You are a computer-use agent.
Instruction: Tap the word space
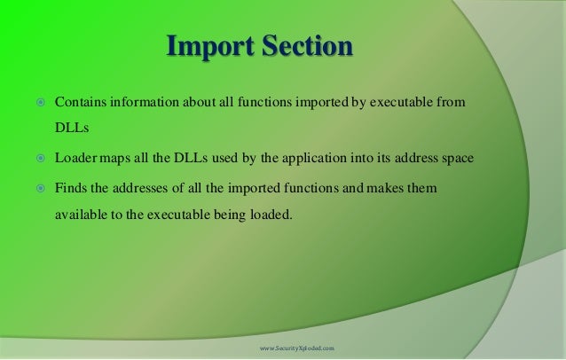coord(456,159)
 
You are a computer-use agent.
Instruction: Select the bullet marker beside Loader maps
coord(40,159)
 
